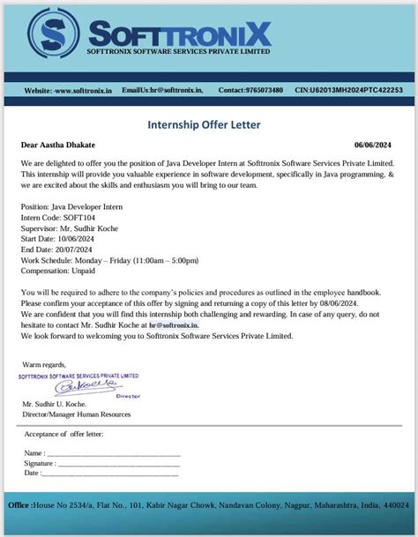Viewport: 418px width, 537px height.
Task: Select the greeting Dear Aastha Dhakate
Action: tap(57, 144)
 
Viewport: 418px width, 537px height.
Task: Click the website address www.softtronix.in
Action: tap(82, 91)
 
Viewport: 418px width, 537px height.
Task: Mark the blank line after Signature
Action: tap(118, 463)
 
